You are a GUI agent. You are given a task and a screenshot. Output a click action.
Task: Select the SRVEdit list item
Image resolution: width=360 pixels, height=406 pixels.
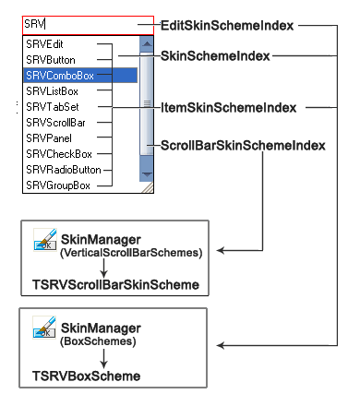[x=47, y=43]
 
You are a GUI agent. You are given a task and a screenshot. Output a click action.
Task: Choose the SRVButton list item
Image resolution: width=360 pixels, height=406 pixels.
[x=51, y=59]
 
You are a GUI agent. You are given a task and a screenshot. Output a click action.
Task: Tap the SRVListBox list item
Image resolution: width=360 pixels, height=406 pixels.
[x=53, y=90]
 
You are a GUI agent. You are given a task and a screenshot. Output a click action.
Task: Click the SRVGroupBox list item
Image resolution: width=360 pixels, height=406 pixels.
[x=56, y=185]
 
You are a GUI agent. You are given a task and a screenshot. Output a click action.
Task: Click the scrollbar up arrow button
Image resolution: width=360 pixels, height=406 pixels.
[x=145, y=43]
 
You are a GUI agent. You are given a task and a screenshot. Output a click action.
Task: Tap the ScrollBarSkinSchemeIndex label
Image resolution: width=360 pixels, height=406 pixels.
[x=244, y=145]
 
